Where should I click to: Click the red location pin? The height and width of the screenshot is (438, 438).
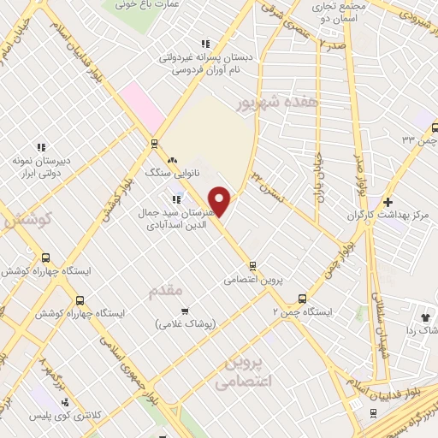220,201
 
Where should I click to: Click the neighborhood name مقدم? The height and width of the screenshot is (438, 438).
166,291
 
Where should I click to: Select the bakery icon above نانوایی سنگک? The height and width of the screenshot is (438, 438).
172,159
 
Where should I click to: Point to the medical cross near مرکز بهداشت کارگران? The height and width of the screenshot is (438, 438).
388,203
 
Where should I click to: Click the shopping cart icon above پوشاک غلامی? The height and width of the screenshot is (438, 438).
185,311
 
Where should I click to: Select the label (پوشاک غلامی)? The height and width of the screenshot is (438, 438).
186,324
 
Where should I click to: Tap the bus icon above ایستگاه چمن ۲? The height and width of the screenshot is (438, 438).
302,299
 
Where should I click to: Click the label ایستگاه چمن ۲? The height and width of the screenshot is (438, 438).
302,312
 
